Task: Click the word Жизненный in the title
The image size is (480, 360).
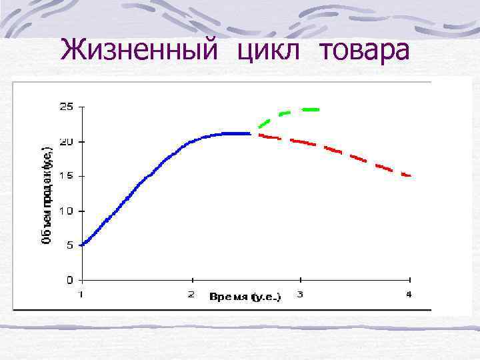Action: tap(136, 49)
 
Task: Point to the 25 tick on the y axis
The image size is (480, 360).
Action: tap(67, 107)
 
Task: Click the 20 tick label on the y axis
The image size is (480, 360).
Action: tap(67, 141)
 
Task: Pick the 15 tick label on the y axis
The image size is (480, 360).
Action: tap(67, 176)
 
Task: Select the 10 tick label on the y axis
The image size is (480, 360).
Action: tap(67, 211)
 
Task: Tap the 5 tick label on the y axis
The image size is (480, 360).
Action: tap(69, 245)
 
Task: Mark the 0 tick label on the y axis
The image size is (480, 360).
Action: tap(69, 280)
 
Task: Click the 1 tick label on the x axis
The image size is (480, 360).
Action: tap(81, 294)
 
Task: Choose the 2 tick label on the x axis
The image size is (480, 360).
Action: tap(191, 294)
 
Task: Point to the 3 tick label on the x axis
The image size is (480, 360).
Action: tap(300, 294)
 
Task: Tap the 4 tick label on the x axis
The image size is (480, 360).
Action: tap(409, 294)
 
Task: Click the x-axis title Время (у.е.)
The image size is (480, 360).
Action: tap(245, 296)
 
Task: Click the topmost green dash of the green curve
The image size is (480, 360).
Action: tap(310, 109)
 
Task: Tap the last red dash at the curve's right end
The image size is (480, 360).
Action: tap(407, 175)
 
